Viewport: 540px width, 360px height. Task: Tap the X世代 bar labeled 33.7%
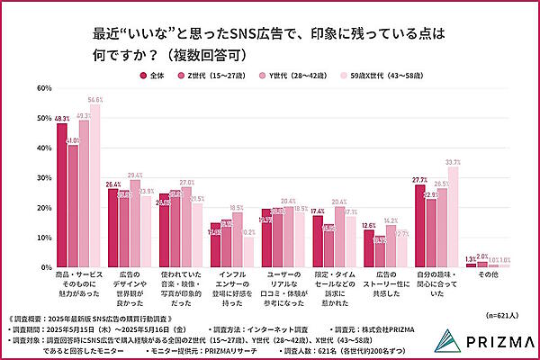tap(454, 217)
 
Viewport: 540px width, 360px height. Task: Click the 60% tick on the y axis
tap(41, 88)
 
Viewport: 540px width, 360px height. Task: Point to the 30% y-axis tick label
tap(41, 178)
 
